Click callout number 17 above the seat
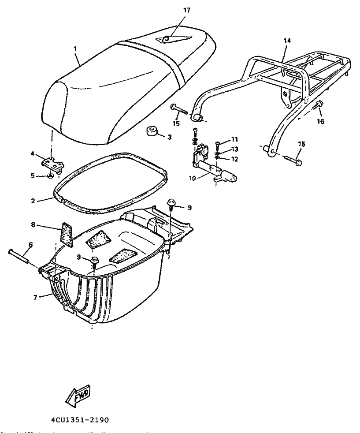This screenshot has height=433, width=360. click(x=187, y=10)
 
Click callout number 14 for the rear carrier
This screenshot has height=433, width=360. click(x=287, y=40)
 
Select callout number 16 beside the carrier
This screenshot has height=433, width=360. click(x=320, y=121)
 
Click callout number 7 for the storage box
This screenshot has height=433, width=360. click(x=35, y=297)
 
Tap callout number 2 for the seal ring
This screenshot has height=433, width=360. click(x=33, y=201)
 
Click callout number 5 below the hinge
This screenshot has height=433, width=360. click(x=32, y=175)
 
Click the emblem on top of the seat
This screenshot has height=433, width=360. click(x=168, y=39)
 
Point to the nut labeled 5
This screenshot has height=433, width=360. click(x=51, y=177)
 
